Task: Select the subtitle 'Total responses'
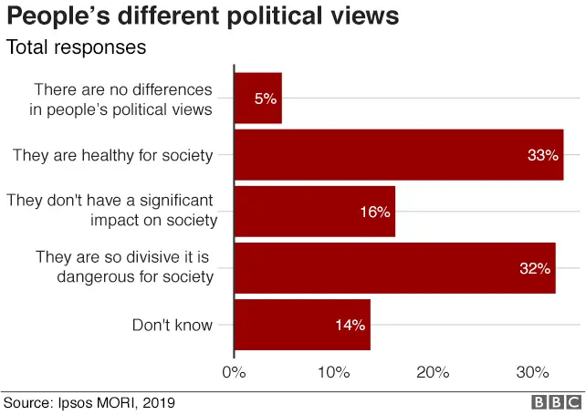click(x=76, y=47)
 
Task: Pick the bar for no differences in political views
click(x=257, y=99)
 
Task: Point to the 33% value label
click(x=542, y=155)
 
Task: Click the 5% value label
click(x=266, y=99)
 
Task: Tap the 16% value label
click(x=374, y=212)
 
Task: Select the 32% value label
click(x=535, y=268)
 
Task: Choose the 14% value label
click(x=350, y=325)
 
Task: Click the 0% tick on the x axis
click(x=235, y=372)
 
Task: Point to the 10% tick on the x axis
click(x=334, y=372)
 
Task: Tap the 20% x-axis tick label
click(x=433, y=372)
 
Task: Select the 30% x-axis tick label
click(x=532, y=372)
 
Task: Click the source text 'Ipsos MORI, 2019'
click(x=116, y=402)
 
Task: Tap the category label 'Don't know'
click(x=173, y=325)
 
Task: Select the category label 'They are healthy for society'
click(x=112, y=155)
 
